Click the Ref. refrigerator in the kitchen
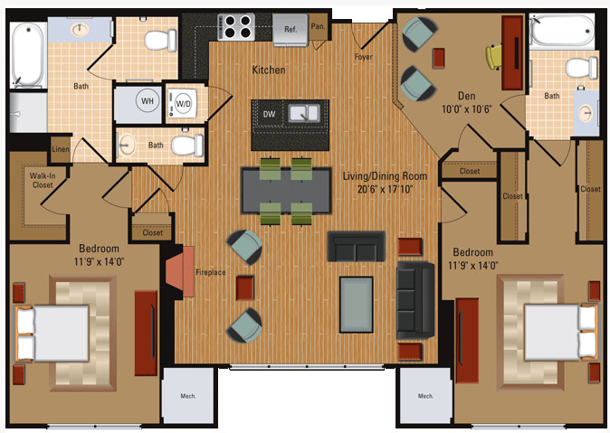click(x=291, y=30)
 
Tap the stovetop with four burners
click(x=235, y=27)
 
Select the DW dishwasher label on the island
click(x=269, y=114)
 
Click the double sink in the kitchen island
click(x=304, y=114)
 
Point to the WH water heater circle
click(x=148, y=101)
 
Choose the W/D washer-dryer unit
click(x=182, y=104)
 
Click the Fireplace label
click(x=211, y=272)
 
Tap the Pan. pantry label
click(x=318, y=26)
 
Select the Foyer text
click(x=363, y=57)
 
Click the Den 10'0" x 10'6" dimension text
click(x=467, y=108)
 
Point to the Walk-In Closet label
click(x=43, y=181)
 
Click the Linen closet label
click(x=61, y=149)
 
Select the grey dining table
click(x=286, y=191)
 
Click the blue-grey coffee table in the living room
click(x=357, y=305)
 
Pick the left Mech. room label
click(x=188, y=396)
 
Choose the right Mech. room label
click(x=425, y=396)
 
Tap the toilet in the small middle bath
click(x=187, y=146)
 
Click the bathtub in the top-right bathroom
click(x=562, y=31)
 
